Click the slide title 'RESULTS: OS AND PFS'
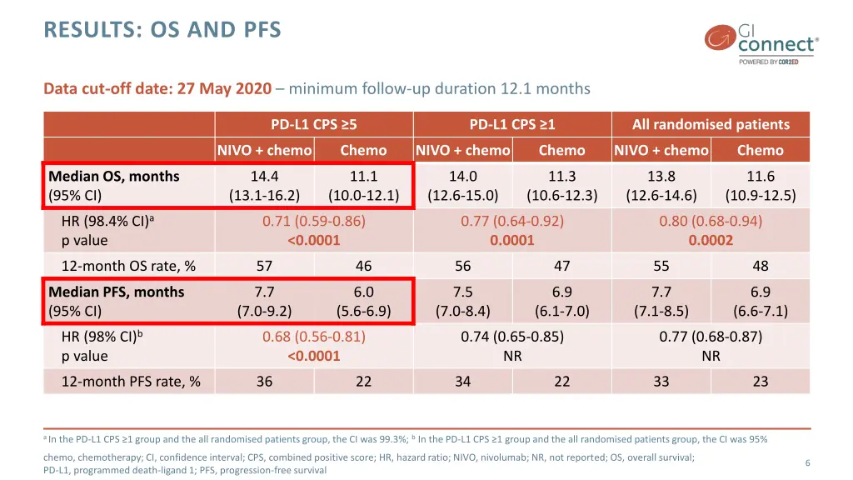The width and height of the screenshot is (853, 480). (x=162, y=30)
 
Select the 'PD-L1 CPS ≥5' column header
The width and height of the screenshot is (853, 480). (x=314, y=124)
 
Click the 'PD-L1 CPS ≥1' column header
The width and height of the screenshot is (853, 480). (x=512, y=124)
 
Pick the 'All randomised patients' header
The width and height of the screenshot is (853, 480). (x=711, y=124)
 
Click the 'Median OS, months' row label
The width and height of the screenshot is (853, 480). (x=114, y=176)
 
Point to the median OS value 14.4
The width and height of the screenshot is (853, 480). (x=264, y=176)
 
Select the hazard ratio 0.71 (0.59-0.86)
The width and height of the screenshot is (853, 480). (x=314, y=221)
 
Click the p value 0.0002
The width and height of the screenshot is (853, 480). (x=711, y=241)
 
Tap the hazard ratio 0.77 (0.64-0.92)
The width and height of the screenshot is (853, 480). (x=512, y=221)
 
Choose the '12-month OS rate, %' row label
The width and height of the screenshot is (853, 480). (x=128, y=266)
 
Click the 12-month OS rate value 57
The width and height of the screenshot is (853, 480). (x=264, y=266)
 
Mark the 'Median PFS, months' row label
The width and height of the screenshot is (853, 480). (x=117, y=292)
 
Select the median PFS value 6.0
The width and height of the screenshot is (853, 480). (x=363, y=292)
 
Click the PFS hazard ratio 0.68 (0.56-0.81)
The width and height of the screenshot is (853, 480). (x=314, y=337)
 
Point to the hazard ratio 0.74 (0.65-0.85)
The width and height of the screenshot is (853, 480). (x=512, y=337)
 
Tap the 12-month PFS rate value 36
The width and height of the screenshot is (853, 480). (x=264, y=382)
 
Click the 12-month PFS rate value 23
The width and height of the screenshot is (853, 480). (x=760, y=382)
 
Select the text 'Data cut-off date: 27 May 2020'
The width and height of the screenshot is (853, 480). (x=157, y=88)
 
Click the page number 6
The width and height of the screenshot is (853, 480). (x=807, y=462)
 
